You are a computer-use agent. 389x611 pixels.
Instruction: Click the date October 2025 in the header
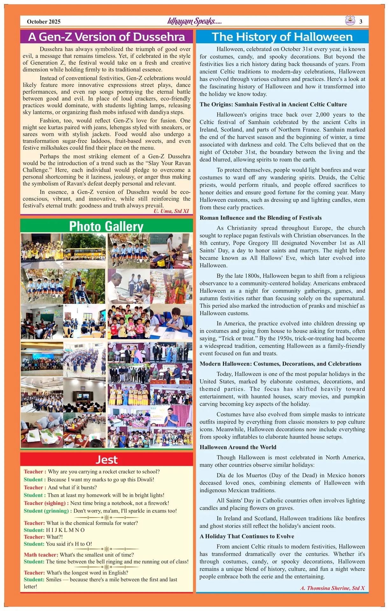coord(44,22)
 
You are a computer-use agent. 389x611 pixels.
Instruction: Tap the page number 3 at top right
coord(361,22)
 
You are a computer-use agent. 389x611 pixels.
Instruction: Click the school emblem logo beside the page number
coord(350,21)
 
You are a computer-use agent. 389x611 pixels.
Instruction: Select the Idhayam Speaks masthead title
coord(194,21)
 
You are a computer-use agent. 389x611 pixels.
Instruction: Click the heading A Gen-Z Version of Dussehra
coord(106,37)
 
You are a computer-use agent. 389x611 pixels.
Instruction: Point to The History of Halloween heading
coord(282,37)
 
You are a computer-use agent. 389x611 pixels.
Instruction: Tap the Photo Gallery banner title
coord(106,226)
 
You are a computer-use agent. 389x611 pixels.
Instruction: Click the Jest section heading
coord(106,460)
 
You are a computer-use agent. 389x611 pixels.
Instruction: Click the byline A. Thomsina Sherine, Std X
coord(332,588)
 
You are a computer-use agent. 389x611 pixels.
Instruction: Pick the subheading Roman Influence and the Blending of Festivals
coord(260,218)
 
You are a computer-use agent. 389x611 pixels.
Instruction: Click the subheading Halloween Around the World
coord(238,447)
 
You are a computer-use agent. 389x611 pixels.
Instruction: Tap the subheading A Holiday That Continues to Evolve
coord(247,536)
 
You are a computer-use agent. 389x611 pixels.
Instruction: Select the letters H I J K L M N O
coord(65,530)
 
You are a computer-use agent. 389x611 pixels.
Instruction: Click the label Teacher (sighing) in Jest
coord(46,503)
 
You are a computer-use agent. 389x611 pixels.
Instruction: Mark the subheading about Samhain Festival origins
coord(273,104)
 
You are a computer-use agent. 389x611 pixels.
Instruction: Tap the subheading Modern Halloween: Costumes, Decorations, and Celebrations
coord(280,364)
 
